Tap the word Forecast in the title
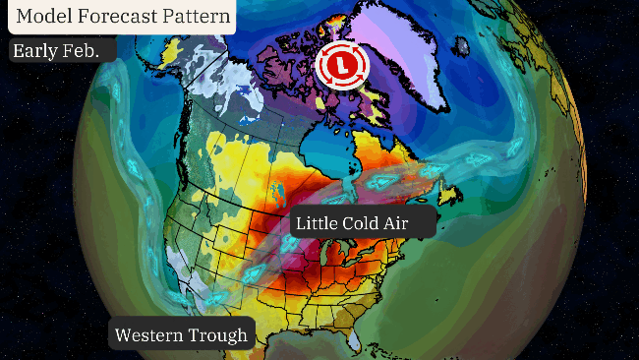tap(119, 17)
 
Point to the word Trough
tap(219, 335)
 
